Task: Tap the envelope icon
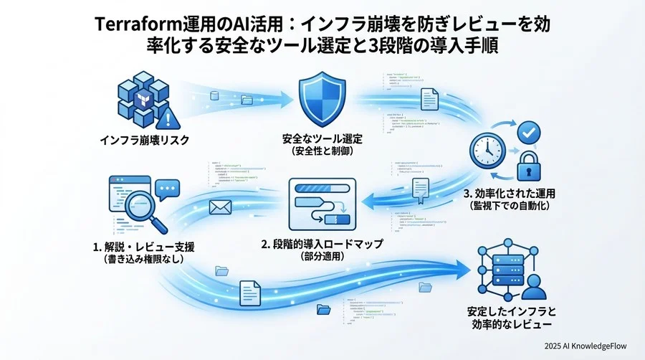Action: point(219,208)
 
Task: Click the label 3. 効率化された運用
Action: point(500,193)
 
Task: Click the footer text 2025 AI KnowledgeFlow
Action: point(584,346)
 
